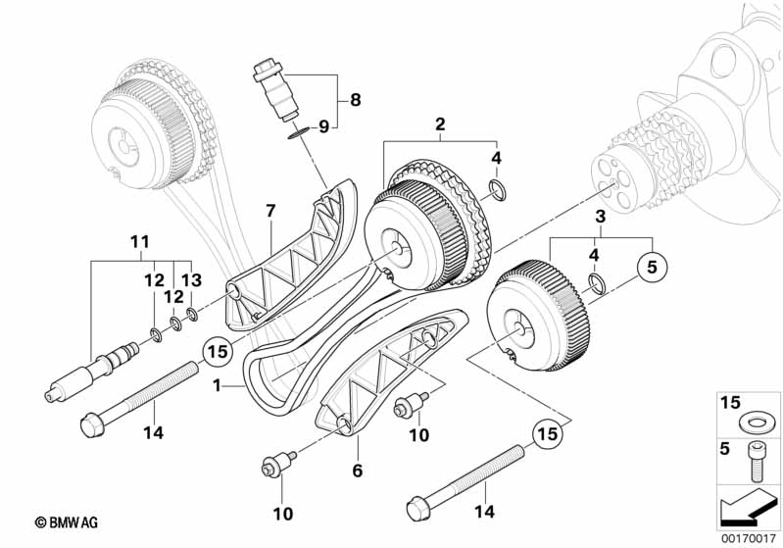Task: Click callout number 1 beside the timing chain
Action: (217, 386)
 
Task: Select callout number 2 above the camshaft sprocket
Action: (440, 125)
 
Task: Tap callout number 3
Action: (600, 215)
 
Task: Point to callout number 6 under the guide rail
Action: (357, 472)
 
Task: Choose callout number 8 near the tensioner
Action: (356, 99)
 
